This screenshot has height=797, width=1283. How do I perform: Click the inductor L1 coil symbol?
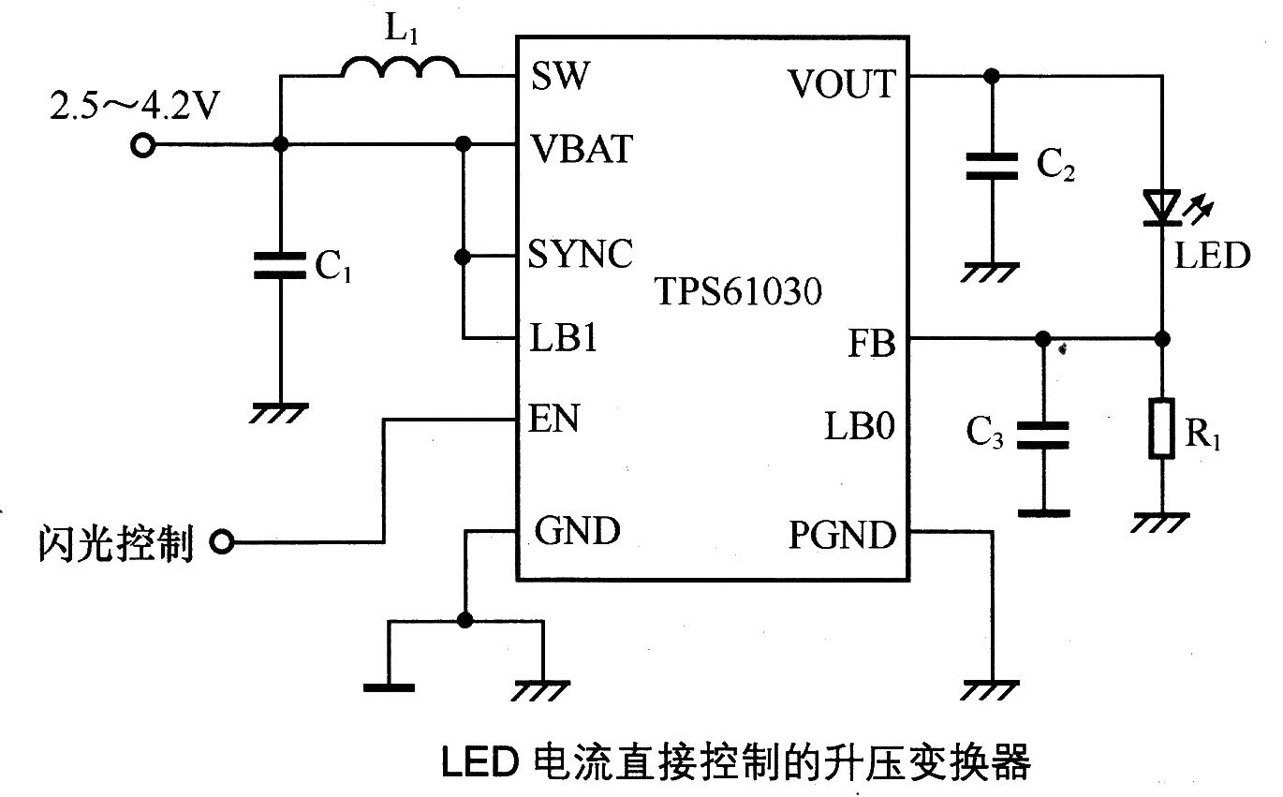[x=400, y=66]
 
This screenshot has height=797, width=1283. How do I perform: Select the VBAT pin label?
[x=582, y=148]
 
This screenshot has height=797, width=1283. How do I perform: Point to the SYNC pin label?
[x=581, y=254]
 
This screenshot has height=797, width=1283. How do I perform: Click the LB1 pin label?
[x=564, y=338]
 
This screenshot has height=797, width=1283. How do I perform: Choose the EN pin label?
[x=555, y=418]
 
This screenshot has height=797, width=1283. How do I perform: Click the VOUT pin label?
[x=841, y=84]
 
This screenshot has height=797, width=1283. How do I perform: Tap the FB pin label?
[x=871, y=344]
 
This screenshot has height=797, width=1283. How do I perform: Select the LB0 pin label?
[x=860, y=427]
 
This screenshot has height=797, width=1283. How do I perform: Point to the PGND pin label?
[x=842, y=536]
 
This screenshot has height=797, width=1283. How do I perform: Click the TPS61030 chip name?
[x=738, y=292]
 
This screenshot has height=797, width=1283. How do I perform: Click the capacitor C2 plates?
[x=992, y=167]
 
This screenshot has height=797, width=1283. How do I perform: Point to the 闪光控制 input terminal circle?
[x=222, y=541]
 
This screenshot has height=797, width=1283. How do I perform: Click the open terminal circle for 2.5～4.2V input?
[x=142, y=145]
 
